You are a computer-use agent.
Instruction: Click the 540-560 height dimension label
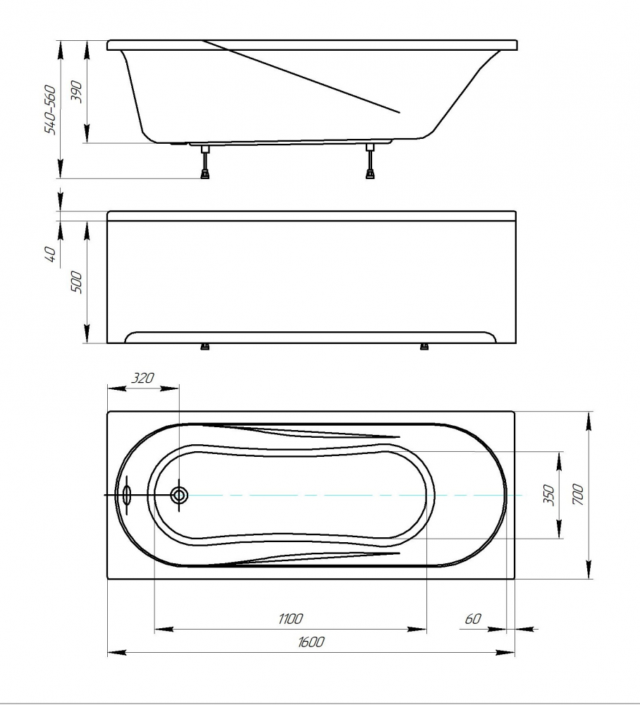pyautogui.click(x=50, y=109)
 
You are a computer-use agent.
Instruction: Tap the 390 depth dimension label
pyautogui.click(x=77, y=92)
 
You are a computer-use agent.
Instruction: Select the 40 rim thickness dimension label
pyautogui.click(x=51, y=255)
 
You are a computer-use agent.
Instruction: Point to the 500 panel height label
pyautogui.click(x=77, y=283)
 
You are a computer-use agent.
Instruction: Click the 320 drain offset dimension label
pyautogui.click(x=142, y=378)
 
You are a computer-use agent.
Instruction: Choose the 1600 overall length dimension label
pyautogui.click(x=310, y=642)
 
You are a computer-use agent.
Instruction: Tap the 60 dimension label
pyautogui.click(x=473, y=619)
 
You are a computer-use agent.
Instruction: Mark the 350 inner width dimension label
pyautogui.click(x=549, y=495)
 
